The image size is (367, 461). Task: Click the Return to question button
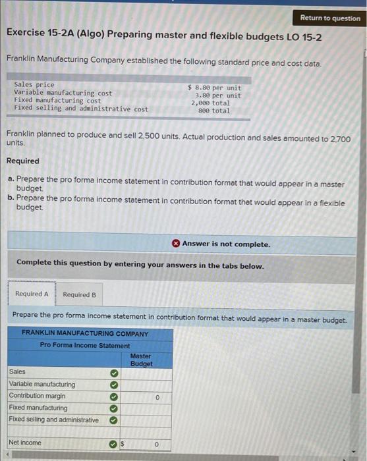point(330,18)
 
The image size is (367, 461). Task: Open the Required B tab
point(79,294)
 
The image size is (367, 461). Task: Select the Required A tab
point(32,294)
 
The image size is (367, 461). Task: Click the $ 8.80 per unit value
point(214,87)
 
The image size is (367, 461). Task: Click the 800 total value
point(213,111)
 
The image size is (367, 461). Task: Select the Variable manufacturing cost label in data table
point(63,93)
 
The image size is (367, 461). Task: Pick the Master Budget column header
point(141,360)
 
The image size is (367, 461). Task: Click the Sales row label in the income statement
point(17,372)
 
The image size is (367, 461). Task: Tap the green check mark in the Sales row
point(113,373)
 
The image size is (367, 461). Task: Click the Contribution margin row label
point(37,396)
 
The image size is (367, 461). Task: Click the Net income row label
point(25,443)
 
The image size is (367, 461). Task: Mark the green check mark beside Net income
point(113,443)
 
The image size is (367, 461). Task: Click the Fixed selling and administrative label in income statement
point(54,420)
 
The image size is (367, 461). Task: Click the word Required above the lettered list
point(22,161)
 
